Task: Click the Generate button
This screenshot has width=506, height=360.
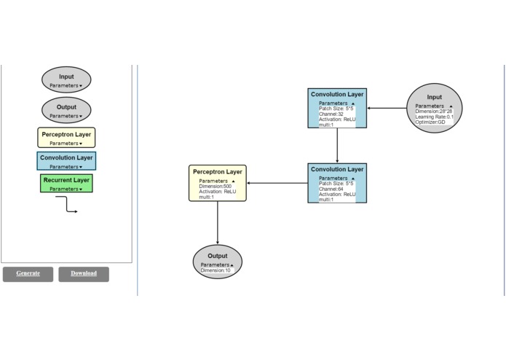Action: pyautogui.click(x=28, y=274)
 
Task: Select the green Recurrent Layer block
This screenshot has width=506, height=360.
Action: pyautogui.click(x=66, y=183)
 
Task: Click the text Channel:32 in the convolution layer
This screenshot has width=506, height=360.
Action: pyautogui.click(x=331, y=114)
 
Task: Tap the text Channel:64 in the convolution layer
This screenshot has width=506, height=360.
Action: pyautogui.click(x=331, y=189)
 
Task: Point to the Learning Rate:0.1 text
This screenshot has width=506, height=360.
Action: pyautogui.click(x=435, y=117)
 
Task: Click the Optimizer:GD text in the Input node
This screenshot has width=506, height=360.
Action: pyautogui.click(x=430, y=122)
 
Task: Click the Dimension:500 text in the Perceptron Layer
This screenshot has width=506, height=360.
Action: pyautogui.click(x=215, y=186)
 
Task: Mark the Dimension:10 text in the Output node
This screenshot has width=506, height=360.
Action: pyautogui.click(x=216, y=270)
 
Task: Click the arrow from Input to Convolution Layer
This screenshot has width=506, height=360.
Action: pyautogui.click(x=386, y=109)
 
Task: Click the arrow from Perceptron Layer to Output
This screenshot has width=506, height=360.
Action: pyautogui.click(x=218, y=222)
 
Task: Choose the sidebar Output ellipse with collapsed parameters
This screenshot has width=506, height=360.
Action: pyautogui.click(x=66, y=110)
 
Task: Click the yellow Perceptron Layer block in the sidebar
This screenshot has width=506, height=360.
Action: pyautogui.click(x=66, y=138)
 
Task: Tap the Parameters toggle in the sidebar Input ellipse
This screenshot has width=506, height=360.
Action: pyautogui.click(x=66, y=85)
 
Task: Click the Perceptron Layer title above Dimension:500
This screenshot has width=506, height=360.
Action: pyautogui.click(x=218, y=172)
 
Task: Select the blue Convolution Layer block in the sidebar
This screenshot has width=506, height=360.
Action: pyautogui.click(x=66, y=160)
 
